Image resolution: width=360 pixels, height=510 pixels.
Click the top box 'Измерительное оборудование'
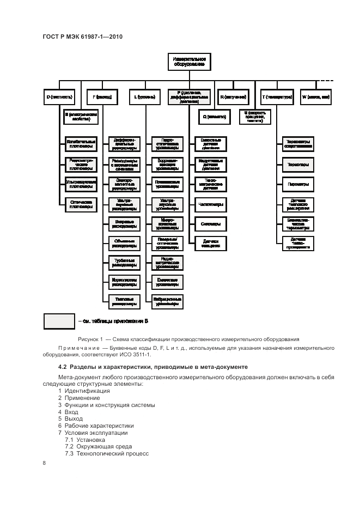pos(188,60)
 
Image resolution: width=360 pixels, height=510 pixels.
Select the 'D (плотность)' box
pos(59,97)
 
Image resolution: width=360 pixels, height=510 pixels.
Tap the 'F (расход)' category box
pos(102,97)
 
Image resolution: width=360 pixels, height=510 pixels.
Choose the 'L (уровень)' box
pos(144,97)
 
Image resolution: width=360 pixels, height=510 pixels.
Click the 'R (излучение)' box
pos(231,97)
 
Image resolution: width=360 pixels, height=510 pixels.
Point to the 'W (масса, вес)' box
pos(315,97)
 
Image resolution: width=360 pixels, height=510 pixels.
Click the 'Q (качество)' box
pos(210,116)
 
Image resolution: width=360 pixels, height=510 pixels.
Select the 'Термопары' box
pos(297,164)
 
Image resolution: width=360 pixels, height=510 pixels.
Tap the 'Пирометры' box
pos(297,184)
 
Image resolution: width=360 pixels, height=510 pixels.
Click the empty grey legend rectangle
pos(59,321)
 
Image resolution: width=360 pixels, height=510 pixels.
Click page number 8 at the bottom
pos(44,463)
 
